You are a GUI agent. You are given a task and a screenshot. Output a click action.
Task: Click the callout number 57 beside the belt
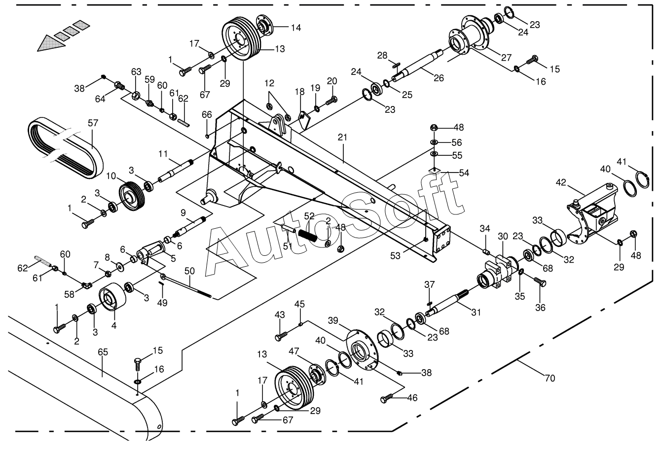tap(93, 123)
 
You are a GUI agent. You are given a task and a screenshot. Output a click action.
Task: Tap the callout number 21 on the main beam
tap(342, 138)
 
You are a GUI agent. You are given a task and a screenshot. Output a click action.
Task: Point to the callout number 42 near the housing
tap(561, 182)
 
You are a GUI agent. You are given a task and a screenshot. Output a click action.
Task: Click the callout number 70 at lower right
tap(550, 378)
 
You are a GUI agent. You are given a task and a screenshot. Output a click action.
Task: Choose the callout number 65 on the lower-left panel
tap(103, 352)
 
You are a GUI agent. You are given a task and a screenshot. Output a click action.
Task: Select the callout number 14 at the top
tap(296, 28)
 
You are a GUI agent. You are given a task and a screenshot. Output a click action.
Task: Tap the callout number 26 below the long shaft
tap(439, 78)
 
